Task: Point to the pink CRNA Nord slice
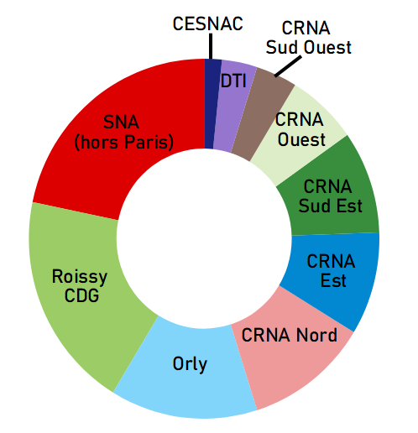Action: point(291,355)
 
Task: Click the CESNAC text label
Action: point(207,23)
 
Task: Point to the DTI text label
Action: point(233,81)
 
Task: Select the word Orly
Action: point(190,364)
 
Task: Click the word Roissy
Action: point(80,277)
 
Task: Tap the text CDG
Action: point(81,295)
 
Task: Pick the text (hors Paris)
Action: point(123,142)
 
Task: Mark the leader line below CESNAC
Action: point(211,46)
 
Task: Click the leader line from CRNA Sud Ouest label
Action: point(288,66)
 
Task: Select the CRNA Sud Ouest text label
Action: point(308,38)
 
